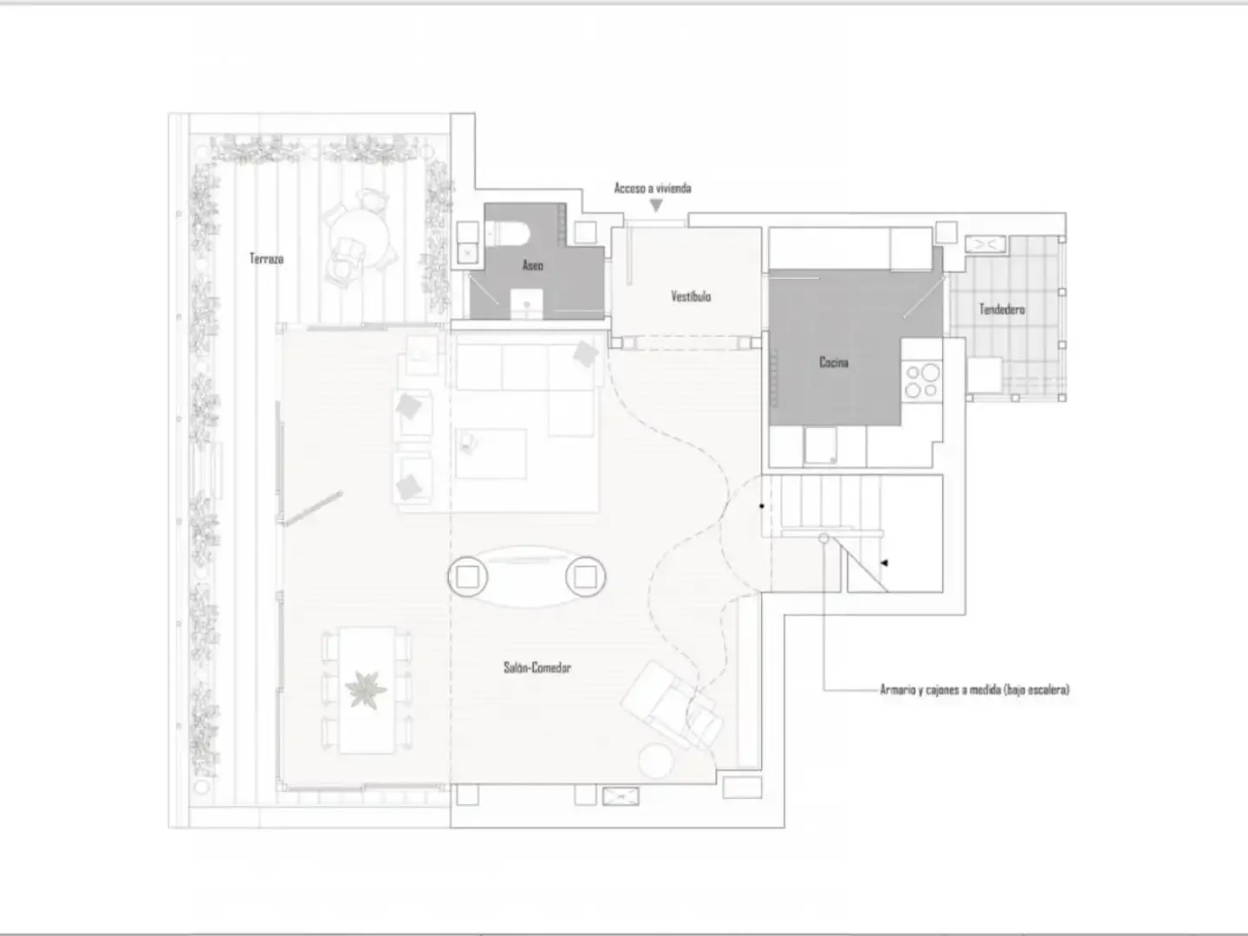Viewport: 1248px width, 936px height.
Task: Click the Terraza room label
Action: pyautogui.click(x=267, y=258)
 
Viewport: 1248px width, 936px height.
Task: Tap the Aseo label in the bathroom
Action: pyautogui.click(x=533, y=265)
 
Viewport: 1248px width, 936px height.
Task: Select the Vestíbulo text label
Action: pyautogui.click(x=691, y=296)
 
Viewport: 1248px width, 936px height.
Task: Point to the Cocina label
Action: pyautogui.click(x=834, y=362)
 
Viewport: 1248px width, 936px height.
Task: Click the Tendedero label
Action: pyautogui.click(x=1002, y=309)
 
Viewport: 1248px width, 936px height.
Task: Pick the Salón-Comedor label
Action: pyautogui.click(x=537, y=667)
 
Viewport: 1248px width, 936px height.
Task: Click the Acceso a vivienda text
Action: pyautogui.click(x=653, y=188)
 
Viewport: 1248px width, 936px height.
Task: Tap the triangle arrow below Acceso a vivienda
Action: pyautogui.click(x=656, y=205)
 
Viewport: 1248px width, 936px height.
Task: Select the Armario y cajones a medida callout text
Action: pyautogui.click(x=974, y=689)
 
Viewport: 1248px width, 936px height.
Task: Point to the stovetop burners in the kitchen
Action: pyautogui.click(x=921, y=380)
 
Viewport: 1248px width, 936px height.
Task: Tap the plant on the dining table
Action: pyautogui.click(x=365, y=690)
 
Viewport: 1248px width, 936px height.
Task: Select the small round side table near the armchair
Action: pyautogui.click(x=656, y=760)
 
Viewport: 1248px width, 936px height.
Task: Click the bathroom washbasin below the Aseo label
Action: pyautogui.click(x=526, y=304)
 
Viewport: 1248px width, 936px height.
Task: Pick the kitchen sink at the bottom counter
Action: pyautogui.click(x=820, y=445)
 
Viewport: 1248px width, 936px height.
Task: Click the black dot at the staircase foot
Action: pyautogui.click(x=762, y=506)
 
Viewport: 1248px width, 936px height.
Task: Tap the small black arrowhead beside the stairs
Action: pyautogui.click(x=884, y=562)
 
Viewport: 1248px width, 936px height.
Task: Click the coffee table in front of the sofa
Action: pyautogui.click(x=491, y=453)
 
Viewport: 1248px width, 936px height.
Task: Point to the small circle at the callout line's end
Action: pyautogui.click(x=824, y=538)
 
